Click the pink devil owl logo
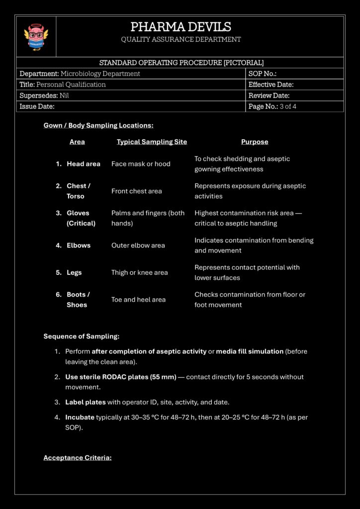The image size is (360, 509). pyautogui.click(x=36, y=37)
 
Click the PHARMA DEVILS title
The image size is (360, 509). pyautogui.click(x=180, y=27)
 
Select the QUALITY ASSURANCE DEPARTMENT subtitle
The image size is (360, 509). pyautogui.click(x=180, y=39)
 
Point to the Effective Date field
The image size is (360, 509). pyautogui.click(x=271, y=85)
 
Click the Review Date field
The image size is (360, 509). pyautogui.click(x=269, y=95)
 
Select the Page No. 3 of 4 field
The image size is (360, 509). pyautogui.click(x=272, y=106)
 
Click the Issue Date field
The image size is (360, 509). pyautogui.click(x=37, y=106)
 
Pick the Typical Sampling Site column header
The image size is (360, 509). pyautogui.click(x=152, y=142)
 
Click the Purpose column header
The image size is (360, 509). pyautogui.click(x=255, y=142)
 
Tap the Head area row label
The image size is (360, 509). pyautogui.click(x=84, y=164)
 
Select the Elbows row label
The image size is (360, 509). pyautogui.click(x=79, y=245)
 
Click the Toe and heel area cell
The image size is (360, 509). pyautogui.click(x=138, y=300)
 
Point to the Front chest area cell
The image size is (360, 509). pyautogui.click(x=137, y=191)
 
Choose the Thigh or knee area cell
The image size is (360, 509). pyautogui.click(x=140, y=272)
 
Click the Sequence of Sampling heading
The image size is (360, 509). pyautogui.click(x=81, y=336)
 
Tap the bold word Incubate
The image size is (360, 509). pyautogui.click(x=80, y=417)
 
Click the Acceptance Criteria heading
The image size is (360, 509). pyautogui.click(x=77, y=457)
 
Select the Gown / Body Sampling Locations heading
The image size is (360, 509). pyautogui.click(x=98, y=125)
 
